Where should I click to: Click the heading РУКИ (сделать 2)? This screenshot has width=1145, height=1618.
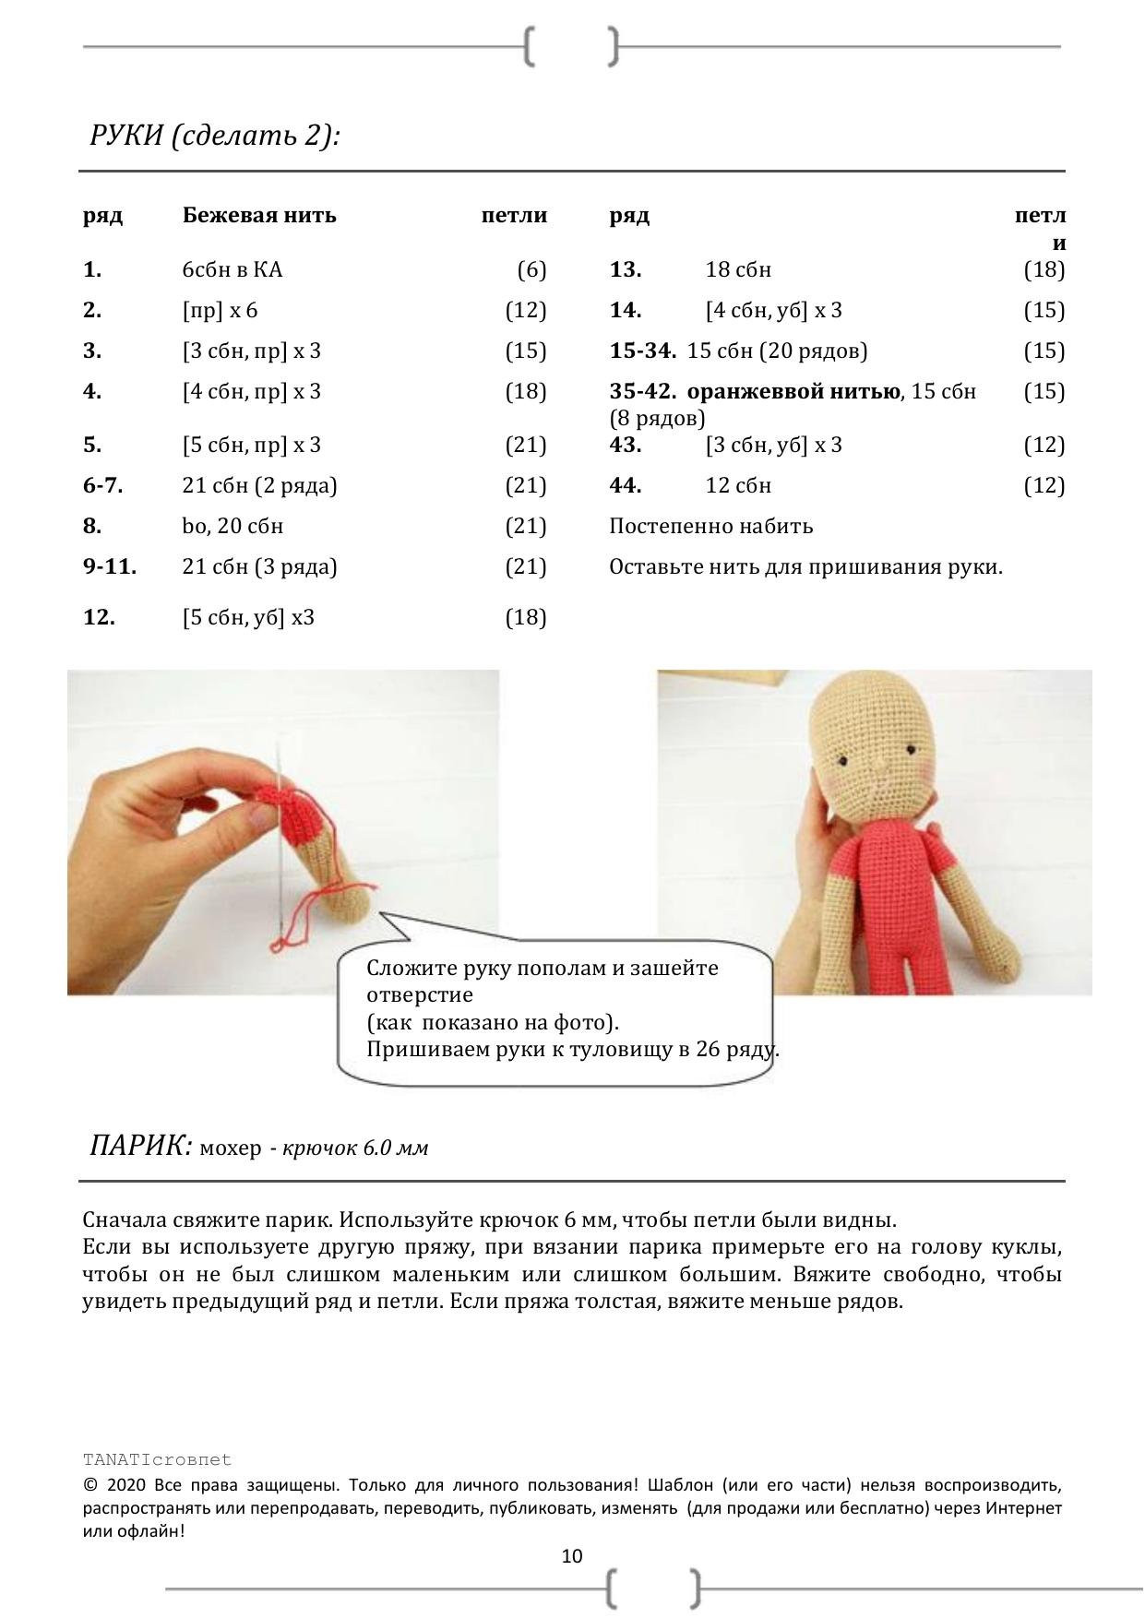pos(215,136)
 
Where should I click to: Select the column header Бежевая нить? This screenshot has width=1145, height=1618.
pos(259,216)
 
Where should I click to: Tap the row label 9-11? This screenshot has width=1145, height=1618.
pos(110,566)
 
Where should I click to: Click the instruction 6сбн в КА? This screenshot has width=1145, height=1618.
pos(233,270)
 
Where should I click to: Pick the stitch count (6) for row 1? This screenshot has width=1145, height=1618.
pos(531,270)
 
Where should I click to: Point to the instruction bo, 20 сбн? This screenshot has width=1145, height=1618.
pos(233,526)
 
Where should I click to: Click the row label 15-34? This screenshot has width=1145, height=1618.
pos(642,351)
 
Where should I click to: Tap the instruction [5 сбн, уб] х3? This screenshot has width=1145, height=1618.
pos(248,617)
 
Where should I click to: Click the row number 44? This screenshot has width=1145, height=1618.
pos(626,485)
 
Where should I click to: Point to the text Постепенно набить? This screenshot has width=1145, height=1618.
pos(710,526)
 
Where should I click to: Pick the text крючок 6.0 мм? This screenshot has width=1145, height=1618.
pos(355,1148)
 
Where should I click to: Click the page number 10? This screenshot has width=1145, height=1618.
pos(572,1556)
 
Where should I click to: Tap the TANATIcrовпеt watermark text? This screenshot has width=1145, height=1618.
pos(157,1459)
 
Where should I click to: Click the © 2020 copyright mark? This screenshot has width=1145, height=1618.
pos(90,1486)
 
